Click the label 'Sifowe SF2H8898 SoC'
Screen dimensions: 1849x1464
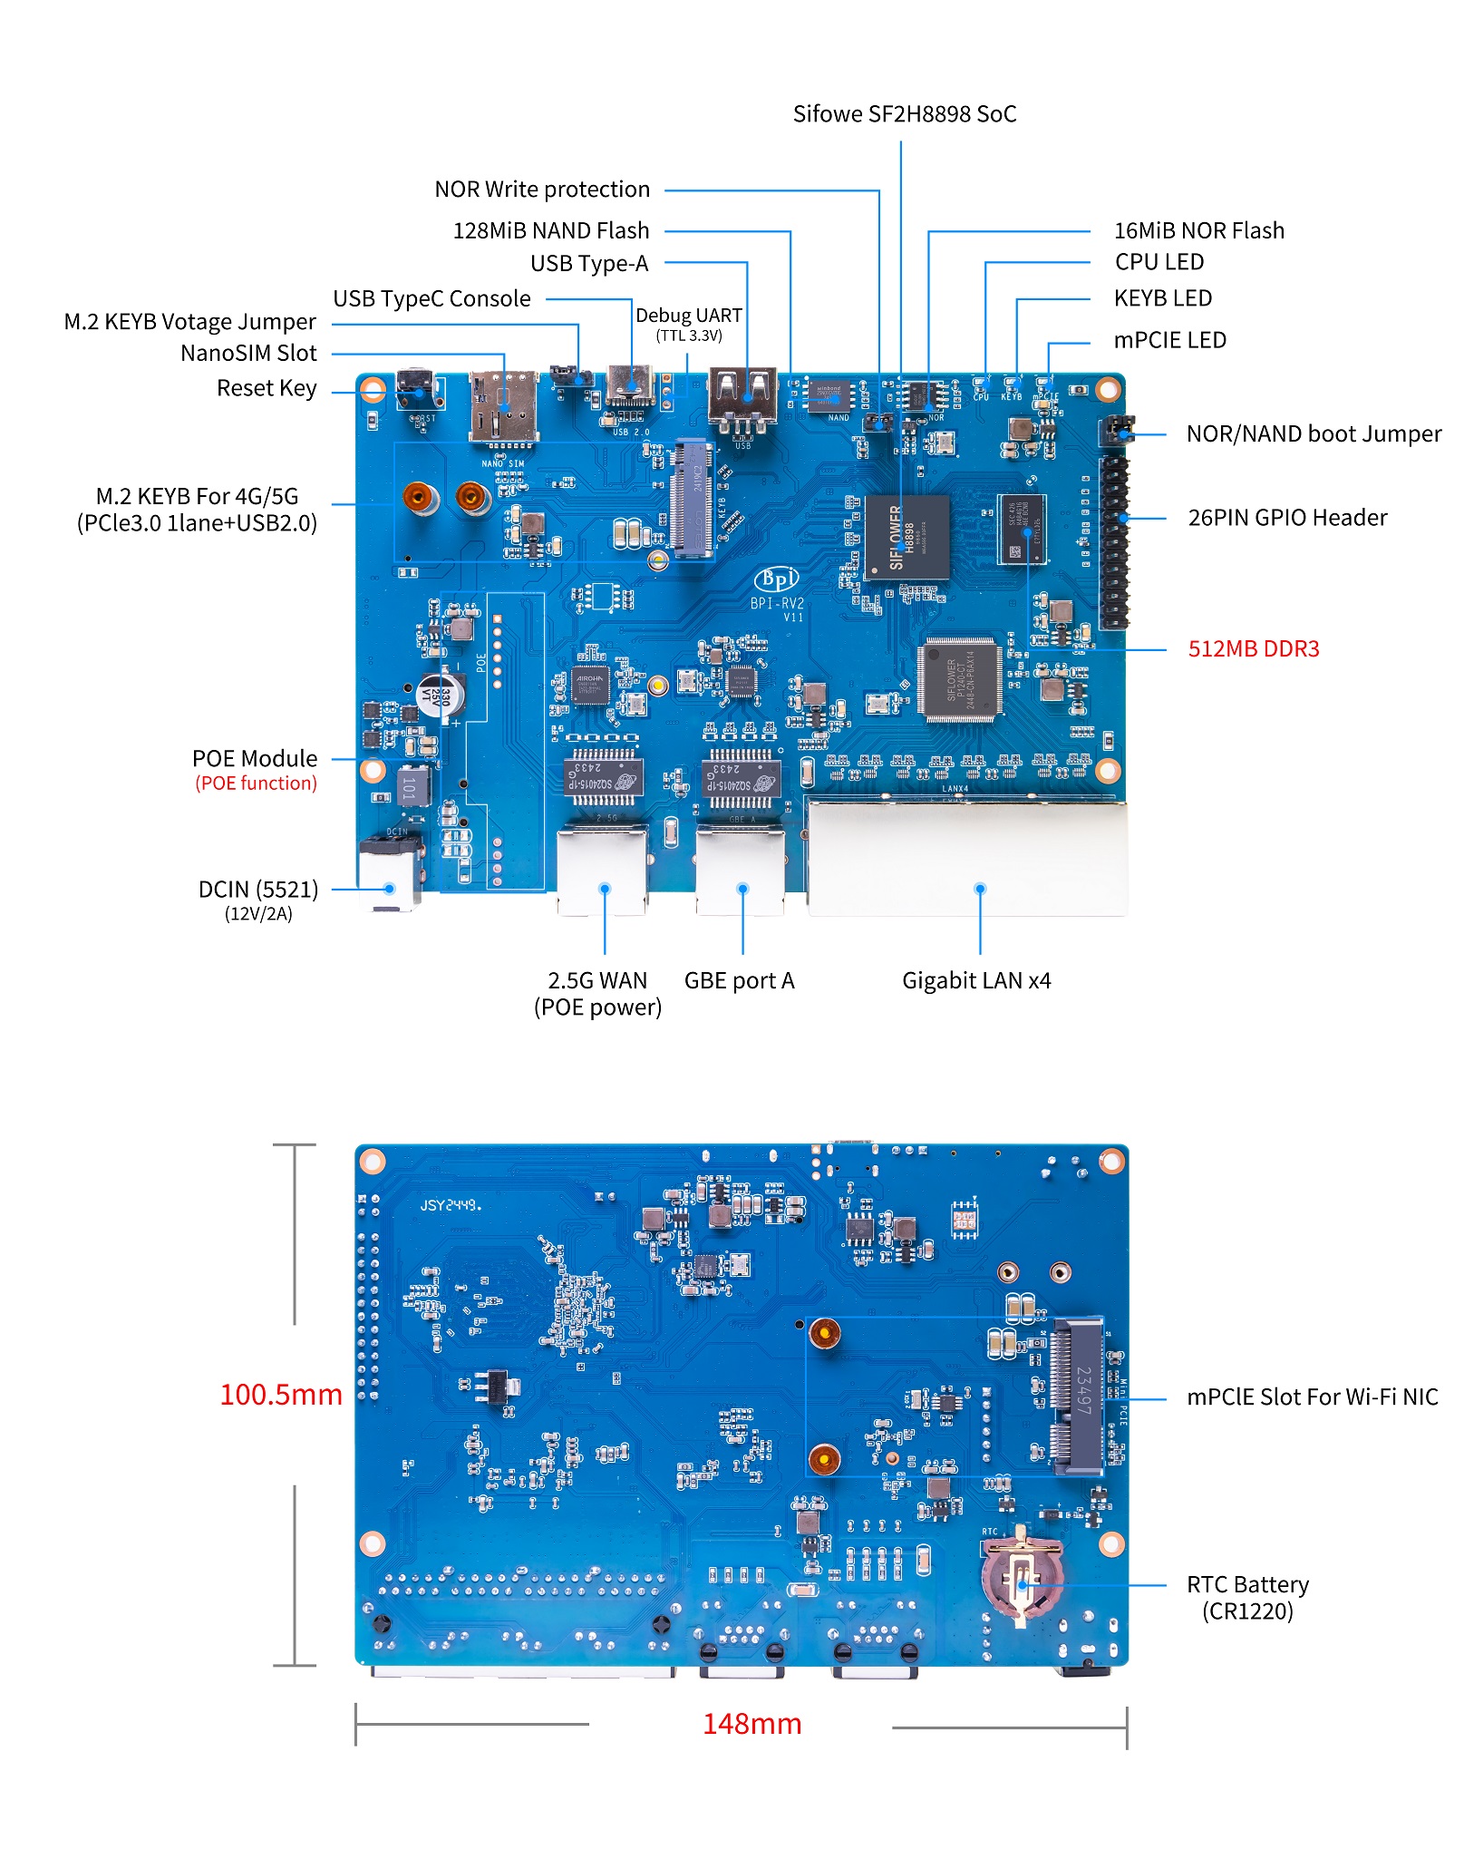coord(904,114)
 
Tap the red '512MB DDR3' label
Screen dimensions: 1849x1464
coord(1253,649)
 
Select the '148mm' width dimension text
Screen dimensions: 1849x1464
coord(751,1724)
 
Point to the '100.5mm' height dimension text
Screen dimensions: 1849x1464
coord(280,1395)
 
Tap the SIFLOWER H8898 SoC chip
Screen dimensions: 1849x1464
coord(907,537)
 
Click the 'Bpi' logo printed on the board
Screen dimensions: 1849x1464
coord(777,578)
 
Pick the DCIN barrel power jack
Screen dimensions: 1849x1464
coord(390,876)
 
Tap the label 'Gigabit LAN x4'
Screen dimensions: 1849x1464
coord(976,981)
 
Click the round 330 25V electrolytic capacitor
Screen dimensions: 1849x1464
coord(441,697)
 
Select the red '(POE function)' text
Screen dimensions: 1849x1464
coord(256,783)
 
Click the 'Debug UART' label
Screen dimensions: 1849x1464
coord(688,316)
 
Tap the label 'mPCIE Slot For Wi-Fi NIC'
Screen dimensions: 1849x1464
coord(1312,1397)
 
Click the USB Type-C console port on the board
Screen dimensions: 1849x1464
coord(632,387)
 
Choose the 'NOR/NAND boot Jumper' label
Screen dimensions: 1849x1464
coord(1313,434)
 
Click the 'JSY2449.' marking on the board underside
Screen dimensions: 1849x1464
coord(451,1205)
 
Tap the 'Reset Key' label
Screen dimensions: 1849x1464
coord(267,389)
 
